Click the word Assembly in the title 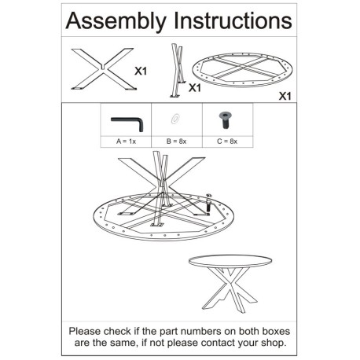tap(116, 21)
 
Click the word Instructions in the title tap(233, 20)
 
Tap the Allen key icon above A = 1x tap(127, 123)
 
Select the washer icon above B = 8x tap(175, 119)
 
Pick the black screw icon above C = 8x tap(225, 120)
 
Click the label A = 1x tap(126, 141)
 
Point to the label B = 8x tap(177, 141)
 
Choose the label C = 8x tap(227, 141)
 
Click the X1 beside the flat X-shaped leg tap(141, 71)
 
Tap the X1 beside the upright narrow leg tap(195, 88)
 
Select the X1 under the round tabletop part tap(285, 97)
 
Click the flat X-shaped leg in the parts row tap(104, 69)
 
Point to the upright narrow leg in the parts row tap(178, 71)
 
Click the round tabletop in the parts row tap(242, 70)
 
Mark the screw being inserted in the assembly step tap(208, 203)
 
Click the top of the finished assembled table tap(230, 261)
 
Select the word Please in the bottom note tap(85, 331)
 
